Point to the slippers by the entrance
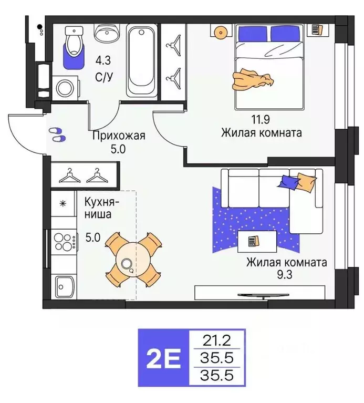[x=57, y=134]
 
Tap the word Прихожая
[x=118, y=137]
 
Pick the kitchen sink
[x=66, y=287]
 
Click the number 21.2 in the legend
[x=217, y=340]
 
